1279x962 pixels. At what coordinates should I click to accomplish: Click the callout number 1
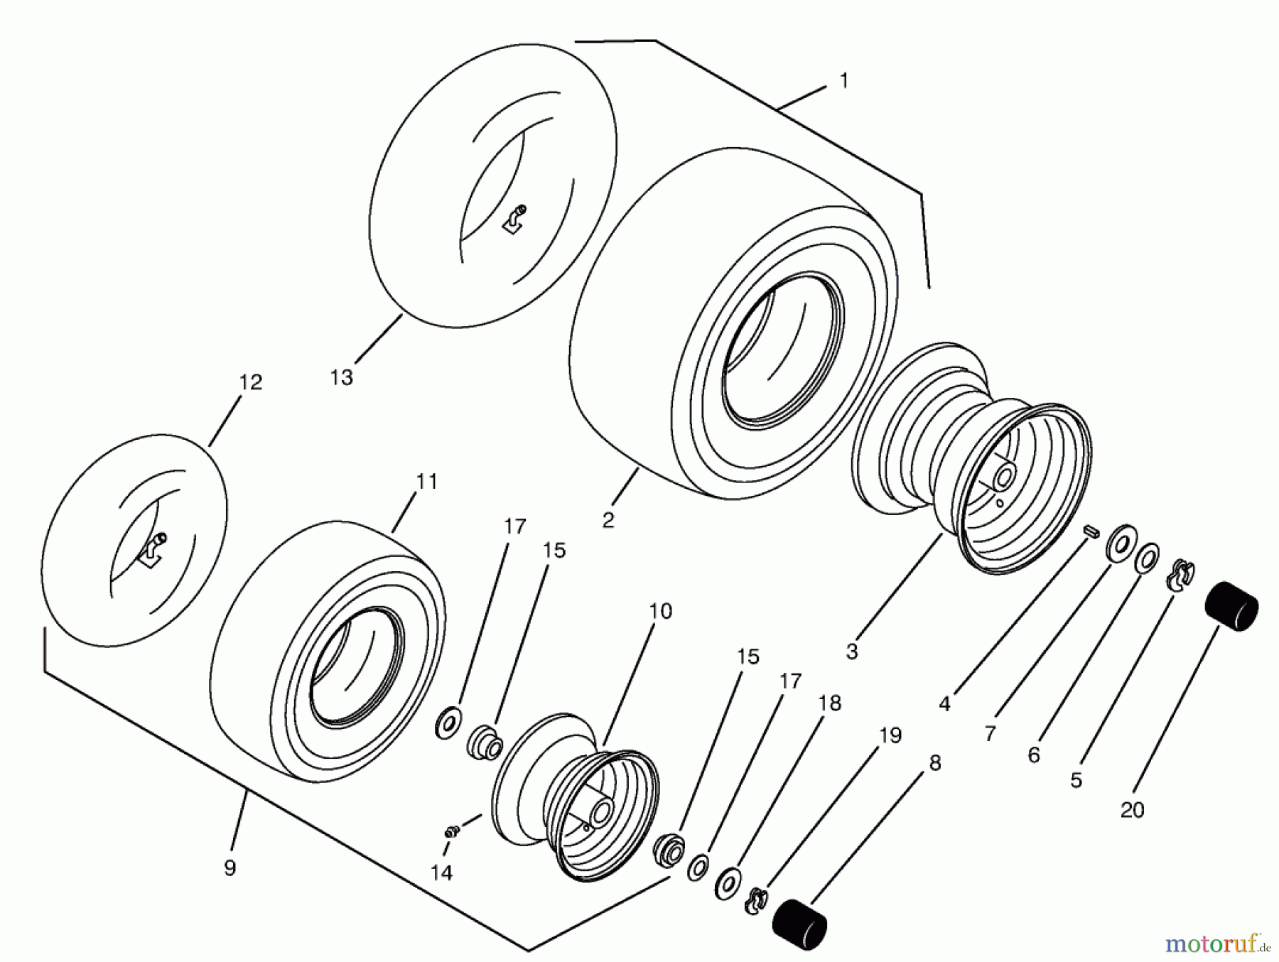[x=843, y=82]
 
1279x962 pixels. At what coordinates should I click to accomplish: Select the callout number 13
[x=341, y=377]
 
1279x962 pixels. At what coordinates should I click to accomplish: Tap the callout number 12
[x=250, y=382]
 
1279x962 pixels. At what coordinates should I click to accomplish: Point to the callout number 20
[x=1132, y=810]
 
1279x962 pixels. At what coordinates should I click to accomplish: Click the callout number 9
[x=230, y=868]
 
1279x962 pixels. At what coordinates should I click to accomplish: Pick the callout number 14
[x=441, y=872]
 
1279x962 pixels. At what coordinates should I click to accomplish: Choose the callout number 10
[x=660, y=611]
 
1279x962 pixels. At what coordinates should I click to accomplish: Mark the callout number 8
[x=934, y=763]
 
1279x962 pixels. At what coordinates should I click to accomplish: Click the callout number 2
[x=608, y=520]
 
